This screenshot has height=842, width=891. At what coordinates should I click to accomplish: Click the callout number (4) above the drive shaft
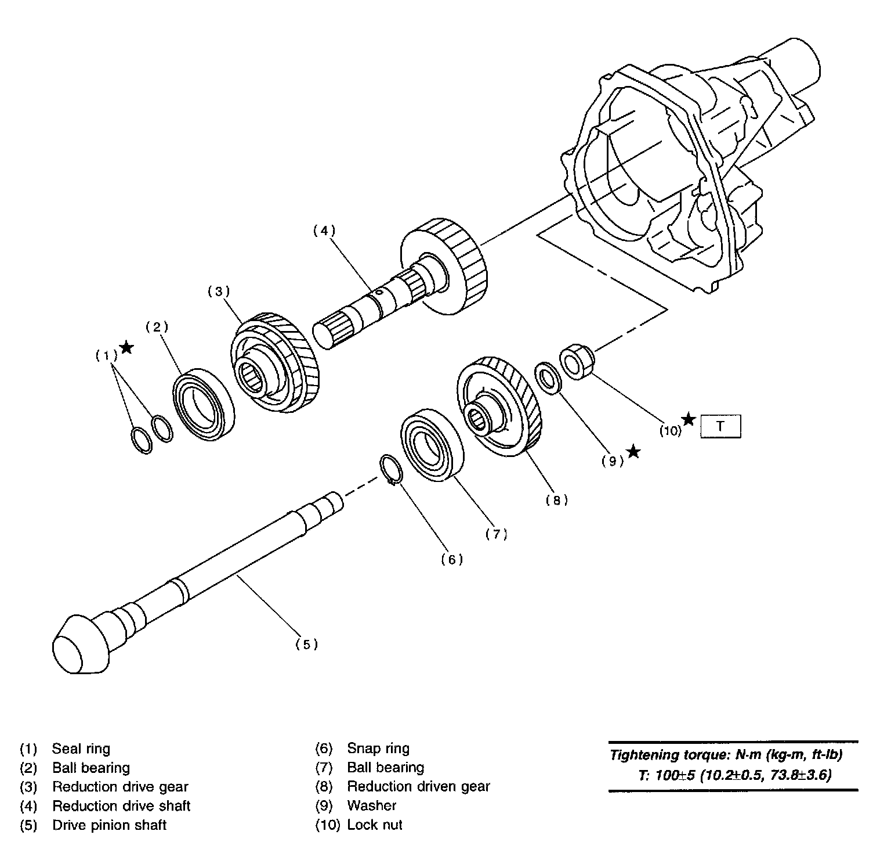[324, 231]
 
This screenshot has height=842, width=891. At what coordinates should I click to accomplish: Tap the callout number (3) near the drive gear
[219, 292]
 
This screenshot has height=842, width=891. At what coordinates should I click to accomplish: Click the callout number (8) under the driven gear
[556, 500]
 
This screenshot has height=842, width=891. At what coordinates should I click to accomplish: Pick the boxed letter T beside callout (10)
[720, 426]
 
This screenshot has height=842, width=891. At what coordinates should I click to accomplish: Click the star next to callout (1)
[127, 348]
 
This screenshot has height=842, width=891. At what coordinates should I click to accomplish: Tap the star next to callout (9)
[633, 451]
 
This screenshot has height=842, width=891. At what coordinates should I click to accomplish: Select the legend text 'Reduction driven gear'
[418, 786]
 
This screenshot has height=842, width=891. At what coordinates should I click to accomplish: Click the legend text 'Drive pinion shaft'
[109, 825]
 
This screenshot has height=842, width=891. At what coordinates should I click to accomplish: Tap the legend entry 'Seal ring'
[81, 749]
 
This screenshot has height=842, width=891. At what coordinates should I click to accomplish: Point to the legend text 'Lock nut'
[374, 825]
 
